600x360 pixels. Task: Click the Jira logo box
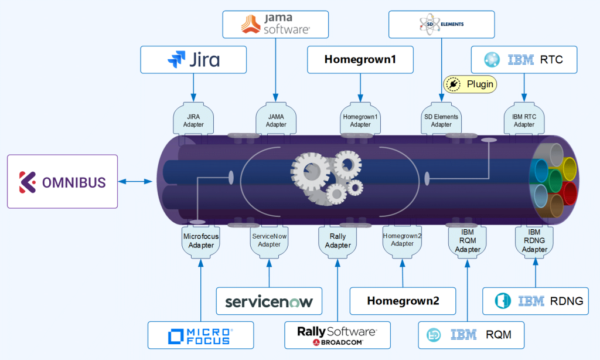point(193,60)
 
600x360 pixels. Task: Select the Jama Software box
point(276,25)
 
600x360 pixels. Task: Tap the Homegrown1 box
point(360,60)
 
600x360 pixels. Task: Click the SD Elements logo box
point(442,25)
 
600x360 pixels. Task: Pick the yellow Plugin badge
point(470,84)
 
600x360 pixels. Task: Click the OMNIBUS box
point(62,181)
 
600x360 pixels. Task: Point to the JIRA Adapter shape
point(193,120)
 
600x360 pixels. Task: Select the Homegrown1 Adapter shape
point(360,120)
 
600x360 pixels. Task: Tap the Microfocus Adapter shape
point(200,240)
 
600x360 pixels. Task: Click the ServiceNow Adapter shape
point(269,240)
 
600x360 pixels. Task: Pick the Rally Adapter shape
point(337,240)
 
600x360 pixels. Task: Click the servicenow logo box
point(269,301)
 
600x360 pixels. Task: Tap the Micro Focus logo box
point(200,335)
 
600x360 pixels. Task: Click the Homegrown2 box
point(403,301)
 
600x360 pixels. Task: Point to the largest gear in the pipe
point(310,171)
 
